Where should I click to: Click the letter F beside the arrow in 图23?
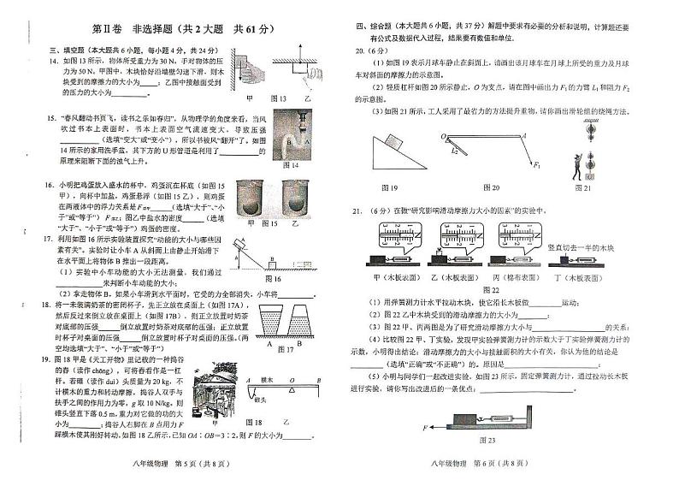click(424, 424)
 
